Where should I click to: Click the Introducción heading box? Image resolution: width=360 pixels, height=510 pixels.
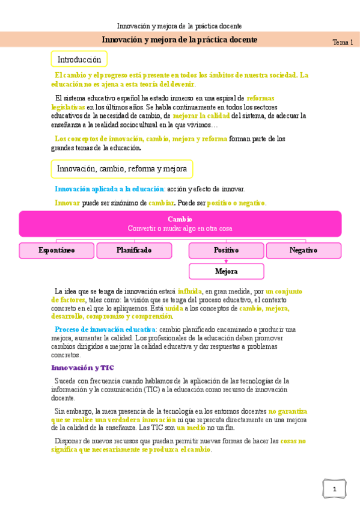79,60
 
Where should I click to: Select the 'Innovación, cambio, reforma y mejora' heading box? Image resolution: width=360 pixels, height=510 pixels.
122,169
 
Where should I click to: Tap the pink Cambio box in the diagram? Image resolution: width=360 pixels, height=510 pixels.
180,224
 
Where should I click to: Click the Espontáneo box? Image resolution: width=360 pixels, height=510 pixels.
56,250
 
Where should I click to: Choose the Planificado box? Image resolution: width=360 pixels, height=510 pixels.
134,250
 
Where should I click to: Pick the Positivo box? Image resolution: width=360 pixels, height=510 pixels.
226,250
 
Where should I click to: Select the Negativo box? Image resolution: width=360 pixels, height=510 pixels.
304,250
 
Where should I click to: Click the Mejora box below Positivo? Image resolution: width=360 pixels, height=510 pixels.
226,271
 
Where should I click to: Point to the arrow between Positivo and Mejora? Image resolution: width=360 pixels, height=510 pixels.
226,261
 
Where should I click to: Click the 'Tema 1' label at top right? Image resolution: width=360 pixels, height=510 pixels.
343,42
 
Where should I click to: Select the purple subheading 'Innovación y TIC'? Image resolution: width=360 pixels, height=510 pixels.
82,367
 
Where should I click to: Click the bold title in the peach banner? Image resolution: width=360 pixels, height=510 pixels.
179,40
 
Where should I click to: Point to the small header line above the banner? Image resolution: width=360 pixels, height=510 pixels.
179,26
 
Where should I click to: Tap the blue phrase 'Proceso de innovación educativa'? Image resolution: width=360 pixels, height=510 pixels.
105,330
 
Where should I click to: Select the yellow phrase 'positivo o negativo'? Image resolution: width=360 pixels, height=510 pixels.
236,203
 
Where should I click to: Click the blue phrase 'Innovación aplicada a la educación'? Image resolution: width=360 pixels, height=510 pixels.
109,189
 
